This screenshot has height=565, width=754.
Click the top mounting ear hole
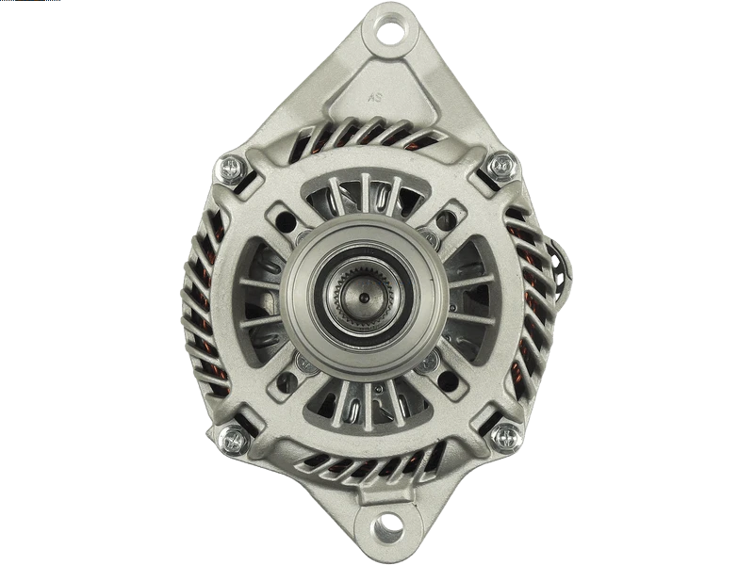click(390, 29)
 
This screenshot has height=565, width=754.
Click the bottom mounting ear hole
click(389, 525)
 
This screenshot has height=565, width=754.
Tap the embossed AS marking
click(375, 98)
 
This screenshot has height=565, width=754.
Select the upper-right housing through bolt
click(502, 166)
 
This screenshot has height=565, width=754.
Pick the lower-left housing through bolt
click(233, 440)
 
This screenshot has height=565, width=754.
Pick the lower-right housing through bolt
click(504, 437)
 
